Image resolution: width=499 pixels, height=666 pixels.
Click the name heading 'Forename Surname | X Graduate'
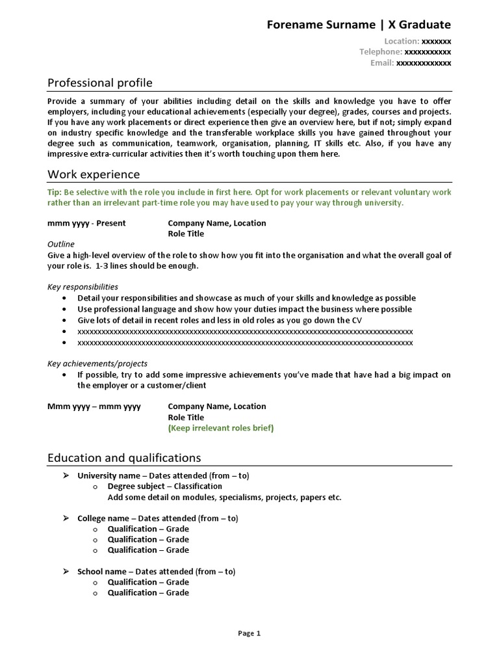pyautogui.click(x=359, y=25)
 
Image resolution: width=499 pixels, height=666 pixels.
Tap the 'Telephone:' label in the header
pyautogui.click(x=381, y=52)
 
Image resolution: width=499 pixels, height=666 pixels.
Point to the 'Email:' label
pyautogui.click(x=382, y=63)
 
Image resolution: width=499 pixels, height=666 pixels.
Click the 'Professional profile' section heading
pyautogui.click(x=100, y=83)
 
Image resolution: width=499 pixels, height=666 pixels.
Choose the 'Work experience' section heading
pyautogui.click(x=94, y=174)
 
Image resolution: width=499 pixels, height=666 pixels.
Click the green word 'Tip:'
pyautogui.click(x=55, y=193)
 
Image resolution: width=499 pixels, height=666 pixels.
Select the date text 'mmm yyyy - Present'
pyautogui.click(x=86, y=223)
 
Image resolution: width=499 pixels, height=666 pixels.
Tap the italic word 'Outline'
pyautogui.click(x=61, y=244)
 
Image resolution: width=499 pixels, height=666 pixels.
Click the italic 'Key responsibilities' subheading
pyautogui.click(x=83, y=286)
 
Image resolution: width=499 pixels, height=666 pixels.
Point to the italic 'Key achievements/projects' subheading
pyautogui.click(x=97, y=364)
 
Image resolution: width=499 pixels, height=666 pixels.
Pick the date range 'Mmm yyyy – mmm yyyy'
pyautogui.click(x=94, y=406)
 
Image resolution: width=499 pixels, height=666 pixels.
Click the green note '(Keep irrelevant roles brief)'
pyautogui.click(x=221, y=428)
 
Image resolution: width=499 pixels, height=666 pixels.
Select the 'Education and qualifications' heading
pyautogui.click(x=124, y=458)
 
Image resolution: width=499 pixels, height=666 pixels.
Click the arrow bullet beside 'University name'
pyautogui.click(x=65, y=475)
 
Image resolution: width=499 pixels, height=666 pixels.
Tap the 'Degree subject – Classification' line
pyautogui.click(x=164, y=486)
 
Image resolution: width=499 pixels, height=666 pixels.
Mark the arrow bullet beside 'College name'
pyautogui.click(x=65, y=518)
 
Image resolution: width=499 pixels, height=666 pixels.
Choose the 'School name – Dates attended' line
pyautogui.click(x=156, y=572)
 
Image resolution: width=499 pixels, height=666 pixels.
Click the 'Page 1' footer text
pyautogui.click(x=249, y=633)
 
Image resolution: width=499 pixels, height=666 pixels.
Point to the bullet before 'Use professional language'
pyautogui.click(x=64, y=310)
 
